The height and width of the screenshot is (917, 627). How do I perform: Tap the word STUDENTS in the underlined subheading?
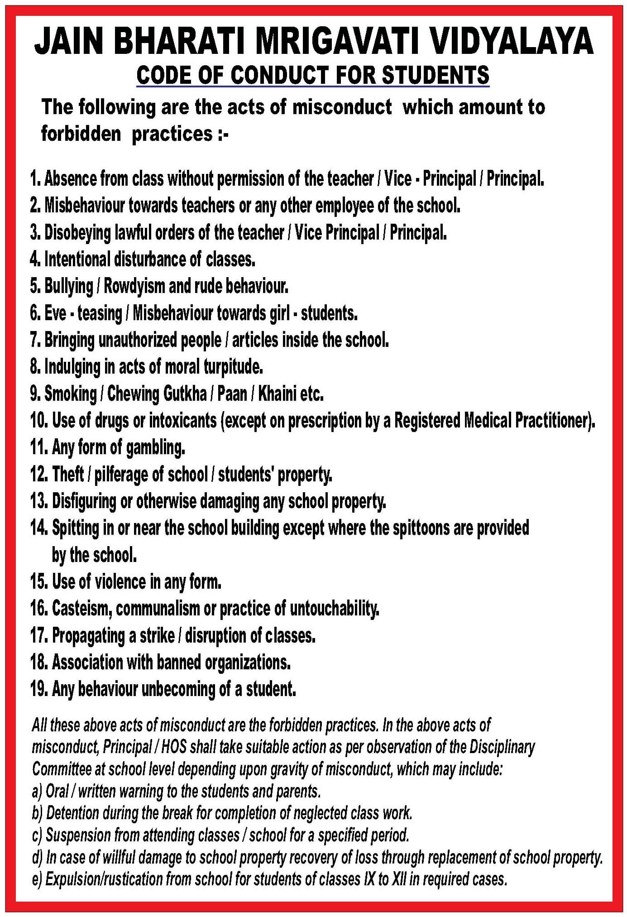click(436, 75)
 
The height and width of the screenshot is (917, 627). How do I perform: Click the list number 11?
click(39, 447)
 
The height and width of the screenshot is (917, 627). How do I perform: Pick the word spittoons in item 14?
click(421, 528)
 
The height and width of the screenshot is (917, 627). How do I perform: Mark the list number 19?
click(39, 689)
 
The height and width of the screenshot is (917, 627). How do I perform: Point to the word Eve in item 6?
click(55, 313)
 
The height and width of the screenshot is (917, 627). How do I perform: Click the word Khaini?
click(277, 394)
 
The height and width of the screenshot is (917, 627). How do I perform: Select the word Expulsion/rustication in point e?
click(104, 879)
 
